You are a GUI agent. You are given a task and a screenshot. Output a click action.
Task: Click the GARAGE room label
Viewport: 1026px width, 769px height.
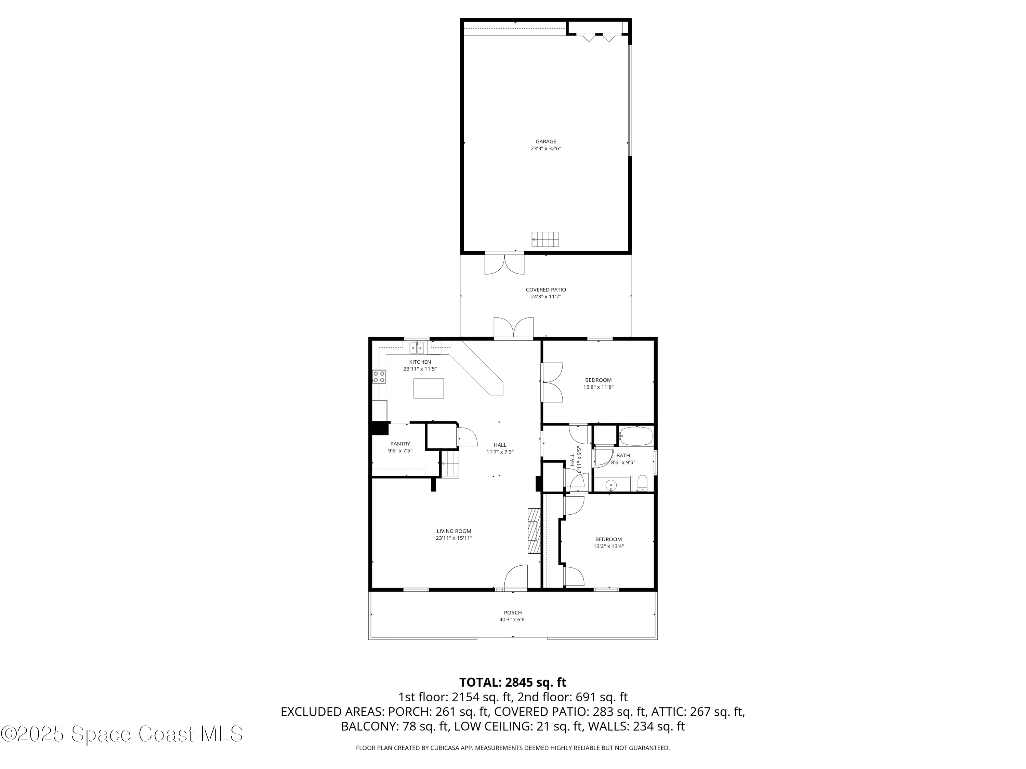(x=545, y=141)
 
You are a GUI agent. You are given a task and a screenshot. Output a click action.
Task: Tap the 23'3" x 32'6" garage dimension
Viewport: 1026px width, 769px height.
(x=545, y=149)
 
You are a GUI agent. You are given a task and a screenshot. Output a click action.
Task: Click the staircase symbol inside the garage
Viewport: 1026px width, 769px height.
(x=545, y=239)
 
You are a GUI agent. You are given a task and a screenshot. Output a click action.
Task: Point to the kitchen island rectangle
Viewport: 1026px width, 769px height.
(x=428, y=389)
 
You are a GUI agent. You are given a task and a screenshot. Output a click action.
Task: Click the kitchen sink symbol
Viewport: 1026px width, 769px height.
(x=417, y=348)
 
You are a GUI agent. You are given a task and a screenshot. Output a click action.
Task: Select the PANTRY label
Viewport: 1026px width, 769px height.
(x=400, y=444)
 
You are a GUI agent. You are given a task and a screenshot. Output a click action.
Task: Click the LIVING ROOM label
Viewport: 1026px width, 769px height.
(x=453, y=531)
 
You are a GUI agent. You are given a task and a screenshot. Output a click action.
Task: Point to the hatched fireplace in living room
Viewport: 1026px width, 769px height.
(x=534, y=531)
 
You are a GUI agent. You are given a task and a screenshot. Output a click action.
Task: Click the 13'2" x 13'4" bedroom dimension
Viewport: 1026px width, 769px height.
(x=608, y=546)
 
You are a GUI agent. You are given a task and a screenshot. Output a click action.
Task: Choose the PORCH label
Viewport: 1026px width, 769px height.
(x=513, y=613)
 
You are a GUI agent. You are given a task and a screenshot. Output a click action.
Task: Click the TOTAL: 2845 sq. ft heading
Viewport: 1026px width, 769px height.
(x=513, y=682)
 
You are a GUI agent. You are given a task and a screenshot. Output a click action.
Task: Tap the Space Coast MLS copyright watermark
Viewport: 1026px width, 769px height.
(x=121, y=734)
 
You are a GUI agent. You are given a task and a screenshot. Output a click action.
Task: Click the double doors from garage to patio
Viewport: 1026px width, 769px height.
(x=504, y=263)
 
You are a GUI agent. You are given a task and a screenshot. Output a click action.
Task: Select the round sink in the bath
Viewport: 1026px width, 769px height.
(x=612, y=485)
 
